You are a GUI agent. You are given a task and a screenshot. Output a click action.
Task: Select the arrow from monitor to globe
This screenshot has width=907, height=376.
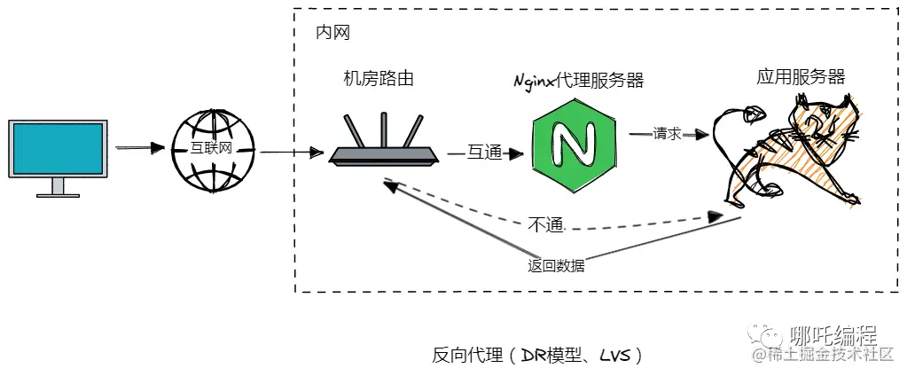pyautogui.click(x=141, y=147)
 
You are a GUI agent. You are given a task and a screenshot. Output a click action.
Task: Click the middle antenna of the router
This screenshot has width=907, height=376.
pyautogui.click(x=384, y=129)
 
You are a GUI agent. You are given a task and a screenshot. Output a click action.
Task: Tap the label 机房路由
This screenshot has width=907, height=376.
pyautogui.click(x=379, y=79)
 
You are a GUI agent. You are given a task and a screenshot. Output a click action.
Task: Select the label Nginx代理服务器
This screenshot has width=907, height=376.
pyautogui.click(x=578, y=81)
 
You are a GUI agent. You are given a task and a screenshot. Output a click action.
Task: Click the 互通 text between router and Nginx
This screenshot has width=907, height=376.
pyautogui.click(x=485, y=153)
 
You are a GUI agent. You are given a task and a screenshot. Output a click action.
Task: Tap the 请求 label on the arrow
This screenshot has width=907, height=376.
pyautogui.click(x=667, y=134)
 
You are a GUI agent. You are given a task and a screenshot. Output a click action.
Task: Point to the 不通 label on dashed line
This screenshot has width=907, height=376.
pyautogui.click(x=546, y=224)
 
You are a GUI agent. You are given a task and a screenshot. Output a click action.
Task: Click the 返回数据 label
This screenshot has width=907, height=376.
pyautogui.click(x=556, y=265)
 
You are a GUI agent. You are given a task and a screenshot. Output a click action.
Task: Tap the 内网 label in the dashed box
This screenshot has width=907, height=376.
pyautogui.click(x=332, y=33)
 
